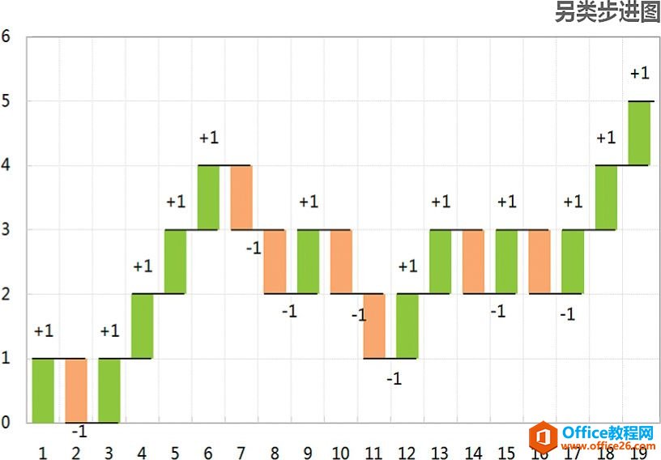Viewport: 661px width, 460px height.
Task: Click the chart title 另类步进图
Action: [607, 12]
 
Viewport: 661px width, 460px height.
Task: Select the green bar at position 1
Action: [43, 390]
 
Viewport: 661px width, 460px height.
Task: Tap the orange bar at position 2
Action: [76, 390]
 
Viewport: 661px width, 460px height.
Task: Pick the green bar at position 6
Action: [208, 198]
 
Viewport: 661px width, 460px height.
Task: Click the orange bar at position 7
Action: [241, 198]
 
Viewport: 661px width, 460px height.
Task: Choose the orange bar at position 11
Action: [374, 326]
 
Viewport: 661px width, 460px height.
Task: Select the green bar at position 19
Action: [639, 134]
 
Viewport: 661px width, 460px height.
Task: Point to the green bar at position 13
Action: [441, 262]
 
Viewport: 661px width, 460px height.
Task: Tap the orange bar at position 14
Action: [473, 262]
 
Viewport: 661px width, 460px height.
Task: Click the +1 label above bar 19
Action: [639, 74]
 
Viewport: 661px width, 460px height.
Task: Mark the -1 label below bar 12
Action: [394, 379]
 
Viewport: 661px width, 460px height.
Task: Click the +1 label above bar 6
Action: [208, 138]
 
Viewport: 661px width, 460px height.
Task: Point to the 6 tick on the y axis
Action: [6, 36]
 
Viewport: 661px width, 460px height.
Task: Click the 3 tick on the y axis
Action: [6, 229]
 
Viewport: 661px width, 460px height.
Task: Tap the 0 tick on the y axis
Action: [6, 422]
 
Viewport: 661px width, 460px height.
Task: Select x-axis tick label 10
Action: [341, 451]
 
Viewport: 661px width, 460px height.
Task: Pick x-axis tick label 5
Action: [175, 451]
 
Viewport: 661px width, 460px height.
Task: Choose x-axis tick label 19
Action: [639, 451]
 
